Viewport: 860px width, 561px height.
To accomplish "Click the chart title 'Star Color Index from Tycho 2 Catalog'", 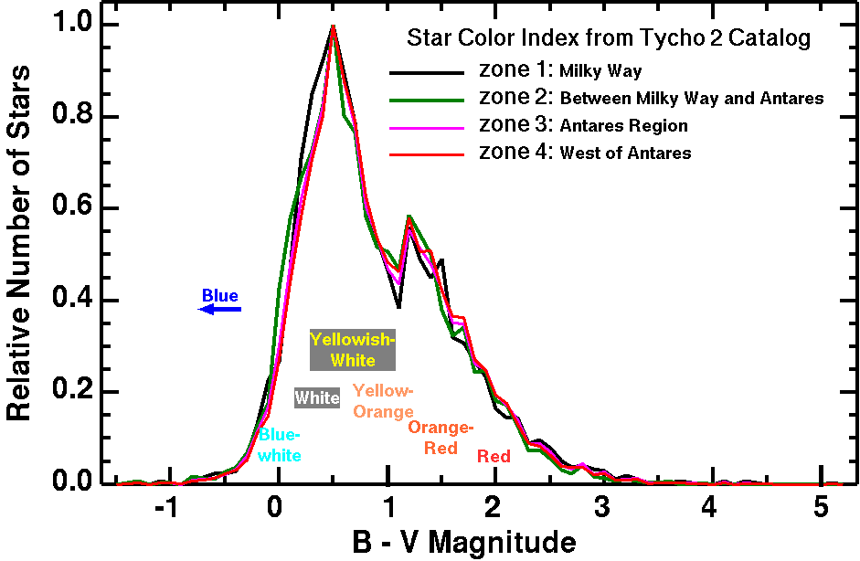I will (x=608, y=39).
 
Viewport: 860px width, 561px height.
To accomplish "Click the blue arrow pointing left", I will (x=220, y=309).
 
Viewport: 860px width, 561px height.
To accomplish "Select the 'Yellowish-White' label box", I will (x=353, y=350).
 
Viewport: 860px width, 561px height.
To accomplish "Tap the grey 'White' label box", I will (x=317, y=398).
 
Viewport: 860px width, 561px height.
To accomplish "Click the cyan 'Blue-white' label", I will (x=280, y=445).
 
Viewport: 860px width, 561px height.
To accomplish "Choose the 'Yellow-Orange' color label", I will (x=383, y=400).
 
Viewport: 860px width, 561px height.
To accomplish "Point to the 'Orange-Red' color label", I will (x=441, y=438).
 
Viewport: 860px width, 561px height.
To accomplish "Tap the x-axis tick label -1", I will (x=165, y=508).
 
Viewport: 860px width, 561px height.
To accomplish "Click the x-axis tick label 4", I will (x=710, y=508).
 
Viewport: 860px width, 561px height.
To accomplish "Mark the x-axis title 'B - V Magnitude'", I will (x=464, y=543).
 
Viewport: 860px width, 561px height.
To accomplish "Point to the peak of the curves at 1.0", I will (x=334, y=26).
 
